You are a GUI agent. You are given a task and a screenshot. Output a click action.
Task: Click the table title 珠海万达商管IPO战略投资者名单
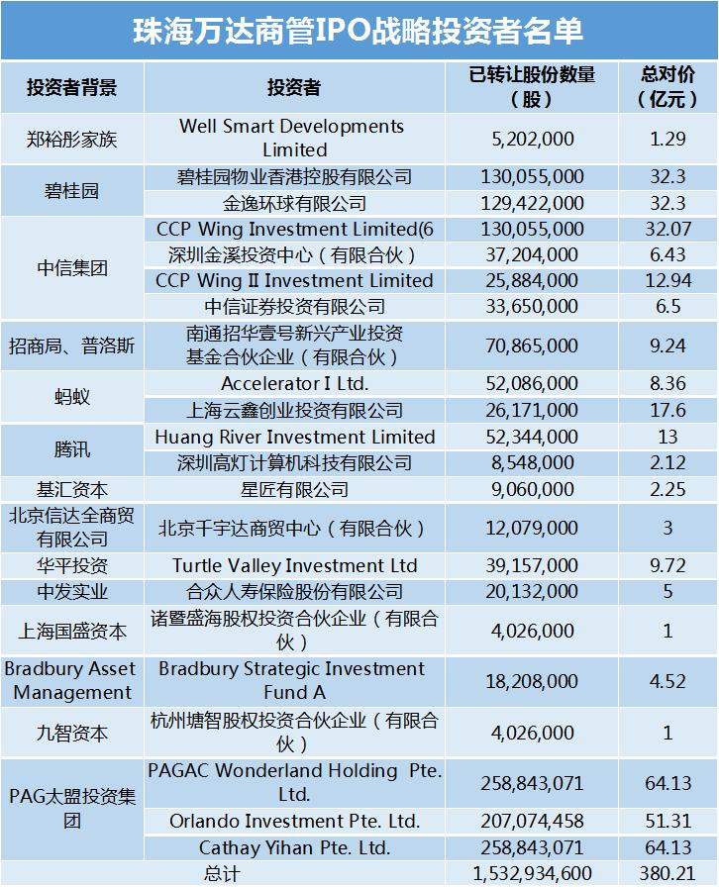(x=359, y=30)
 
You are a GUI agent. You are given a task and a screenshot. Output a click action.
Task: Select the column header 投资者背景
(x=71, y=87)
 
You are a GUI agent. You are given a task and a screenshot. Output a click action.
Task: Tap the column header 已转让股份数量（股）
(x=533, y=87)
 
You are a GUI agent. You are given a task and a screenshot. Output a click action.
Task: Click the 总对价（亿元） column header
(x=668, y=87)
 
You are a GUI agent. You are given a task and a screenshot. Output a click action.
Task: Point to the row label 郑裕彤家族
(x=71, y=139)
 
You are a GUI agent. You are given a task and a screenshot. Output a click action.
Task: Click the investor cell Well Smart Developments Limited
(x=293, y=139)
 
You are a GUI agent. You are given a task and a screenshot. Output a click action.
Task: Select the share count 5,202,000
(x=533, y=139)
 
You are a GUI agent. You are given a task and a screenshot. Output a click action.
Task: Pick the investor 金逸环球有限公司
(x=293, y=203)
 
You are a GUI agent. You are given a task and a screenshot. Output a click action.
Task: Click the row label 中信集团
(x=71, y=268)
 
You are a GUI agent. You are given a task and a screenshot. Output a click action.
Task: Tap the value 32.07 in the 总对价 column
(x=668, y=230)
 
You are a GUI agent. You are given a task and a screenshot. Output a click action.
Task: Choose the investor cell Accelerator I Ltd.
(x=293, y=384)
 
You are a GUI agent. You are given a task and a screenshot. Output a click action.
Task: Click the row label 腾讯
(x=71, y=449)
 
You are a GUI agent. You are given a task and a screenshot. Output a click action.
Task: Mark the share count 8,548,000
(x=533, y=462)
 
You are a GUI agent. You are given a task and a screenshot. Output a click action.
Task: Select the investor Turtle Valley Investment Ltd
(x=293, y=566)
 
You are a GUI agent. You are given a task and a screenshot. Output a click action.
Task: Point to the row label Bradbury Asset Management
(x=71, y=680)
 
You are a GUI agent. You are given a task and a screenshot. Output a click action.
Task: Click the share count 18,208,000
(x=533, y=680)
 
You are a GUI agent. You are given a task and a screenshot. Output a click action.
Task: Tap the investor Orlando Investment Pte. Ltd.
(x=293, y=822)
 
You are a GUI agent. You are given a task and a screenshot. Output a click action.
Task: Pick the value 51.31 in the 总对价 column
(x=668, y=822)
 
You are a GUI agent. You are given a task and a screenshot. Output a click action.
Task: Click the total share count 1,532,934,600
(x=533, y=873)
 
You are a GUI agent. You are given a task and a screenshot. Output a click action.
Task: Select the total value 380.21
(x=668, y=873)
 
